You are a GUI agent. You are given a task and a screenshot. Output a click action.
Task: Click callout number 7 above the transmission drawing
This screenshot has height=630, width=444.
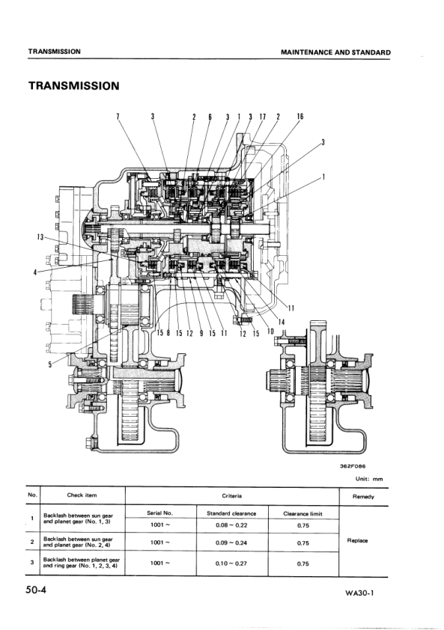click(118, 117)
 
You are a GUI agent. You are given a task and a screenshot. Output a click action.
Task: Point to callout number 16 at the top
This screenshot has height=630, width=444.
click(299, 117)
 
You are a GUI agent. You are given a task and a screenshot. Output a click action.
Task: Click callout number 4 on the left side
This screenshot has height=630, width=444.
click(34, 272)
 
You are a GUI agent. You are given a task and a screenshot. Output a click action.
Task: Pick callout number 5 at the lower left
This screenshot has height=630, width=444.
click(50, 365)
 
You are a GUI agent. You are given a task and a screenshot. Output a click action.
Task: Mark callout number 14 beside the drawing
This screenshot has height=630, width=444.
click(282, 322)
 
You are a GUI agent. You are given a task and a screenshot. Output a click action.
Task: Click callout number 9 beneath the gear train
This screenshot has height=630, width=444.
click(201, 334)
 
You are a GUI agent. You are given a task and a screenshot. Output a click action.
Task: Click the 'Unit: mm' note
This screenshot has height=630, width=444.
click(369, 479)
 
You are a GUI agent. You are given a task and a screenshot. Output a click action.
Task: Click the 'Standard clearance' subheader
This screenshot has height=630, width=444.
click(231, 513)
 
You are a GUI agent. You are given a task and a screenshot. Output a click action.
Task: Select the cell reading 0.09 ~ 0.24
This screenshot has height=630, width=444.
click(231, 542)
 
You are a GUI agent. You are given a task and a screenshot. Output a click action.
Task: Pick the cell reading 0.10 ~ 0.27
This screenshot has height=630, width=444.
click(231, 563)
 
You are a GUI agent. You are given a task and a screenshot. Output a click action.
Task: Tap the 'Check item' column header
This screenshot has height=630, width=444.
click(82, 495)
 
